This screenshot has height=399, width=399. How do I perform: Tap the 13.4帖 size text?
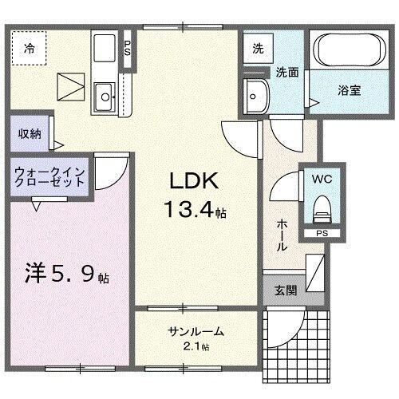[x=195, y=211]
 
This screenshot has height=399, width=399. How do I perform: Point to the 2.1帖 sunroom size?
[x=195, y=346]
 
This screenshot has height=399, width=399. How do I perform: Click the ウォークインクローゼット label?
[x=49, y=176]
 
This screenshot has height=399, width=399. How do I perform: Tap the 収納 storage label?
[x=31, y=133]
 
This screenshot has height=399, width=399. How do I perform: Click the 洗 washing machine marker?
[x=257, y=49]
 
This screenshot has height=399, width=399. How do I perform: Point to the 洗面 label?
[x=287, y=72]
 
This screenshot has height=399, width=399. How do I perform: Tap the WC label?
[x=321, y=178]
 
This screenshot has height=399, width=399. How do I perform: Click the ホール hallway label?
[x=282, y=235]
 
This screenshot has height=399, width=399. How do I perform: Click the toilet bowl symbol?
[x=322, y=209]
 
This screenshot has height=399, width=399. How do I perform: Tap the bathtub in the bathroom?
[x=348, y=52]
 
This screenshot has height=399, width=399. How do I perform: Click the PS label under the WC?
[x=321, y=234]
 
